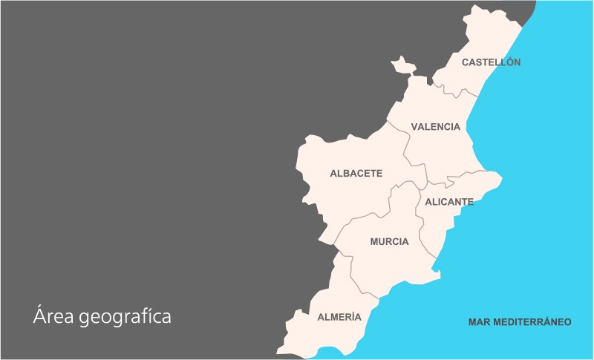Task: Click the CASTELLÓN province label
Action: point(491,62)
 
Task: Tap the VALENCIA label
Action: point(435,127)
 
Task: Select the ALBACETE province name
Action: point(356,174)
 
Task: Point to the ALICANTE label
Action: point(449,202)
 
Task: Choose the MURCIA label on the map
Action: point(389,242)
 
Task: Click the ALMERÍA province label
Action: point(339,317)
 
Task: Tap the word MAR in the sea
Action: point(480,322)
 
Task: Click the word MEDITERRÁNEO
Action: point(532,322)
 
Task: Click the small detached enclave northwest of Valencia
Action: point(403,65)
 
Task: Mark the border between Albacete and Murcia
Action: point(371,215)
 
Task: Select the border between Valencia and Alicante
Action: point(446,180)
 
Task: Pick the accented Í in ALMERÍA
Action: point(351,317)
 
